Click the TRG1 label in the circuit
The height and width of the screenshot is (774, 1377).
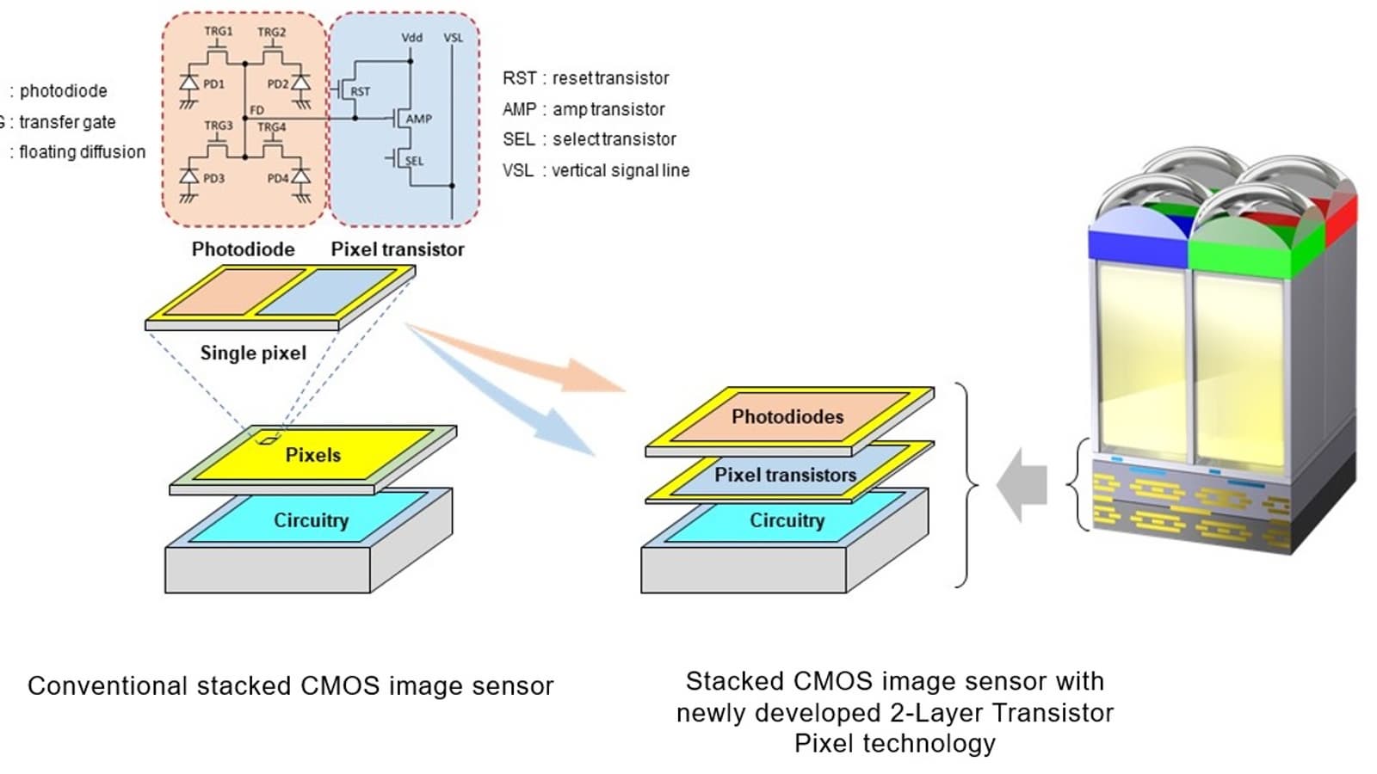pos(218,31)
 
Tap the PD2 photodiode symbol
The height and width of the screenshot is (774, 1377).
pos(300,84)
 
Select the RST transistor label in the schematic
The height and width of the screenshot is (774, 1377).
pos(361,91)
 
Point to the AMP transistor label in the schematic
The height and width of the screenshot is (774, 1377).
pos(419,119)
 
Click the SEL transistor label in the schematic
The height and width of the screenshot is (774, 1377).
pos(415,161)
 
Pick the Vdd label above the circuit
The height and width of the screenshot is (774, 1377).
pos(412,38)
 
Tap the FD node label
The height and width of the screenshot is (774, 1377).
pos(256,110)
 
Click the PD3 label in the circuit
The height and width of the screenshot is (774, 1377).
pos(213,178)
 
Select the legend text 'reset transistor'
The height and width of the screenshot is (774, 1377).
pos(610,78)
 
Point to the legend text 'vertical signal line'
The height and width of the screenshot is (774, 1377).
pos(621,170)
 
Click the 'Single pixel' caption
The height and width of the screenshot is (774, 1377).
pos(253,353)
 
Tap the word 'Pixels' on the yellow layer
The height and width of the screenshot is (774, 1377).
pos(313,455)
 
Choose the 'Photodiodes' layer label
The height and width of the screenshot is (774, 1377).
pos(787,417)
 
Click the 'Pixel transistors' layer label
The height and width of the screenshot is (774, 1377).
pos(785,475)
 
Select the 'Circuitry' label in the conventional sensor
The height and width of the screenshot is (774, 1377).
pos(311,520)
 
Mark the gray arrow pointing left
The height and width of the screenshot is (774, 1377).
pos(1022,485)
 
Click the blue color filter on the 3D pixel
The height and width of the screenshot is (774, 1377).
pos(1136,243)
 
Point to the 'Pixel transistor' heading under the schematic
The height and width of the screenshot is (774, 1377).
pos(398,249)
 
